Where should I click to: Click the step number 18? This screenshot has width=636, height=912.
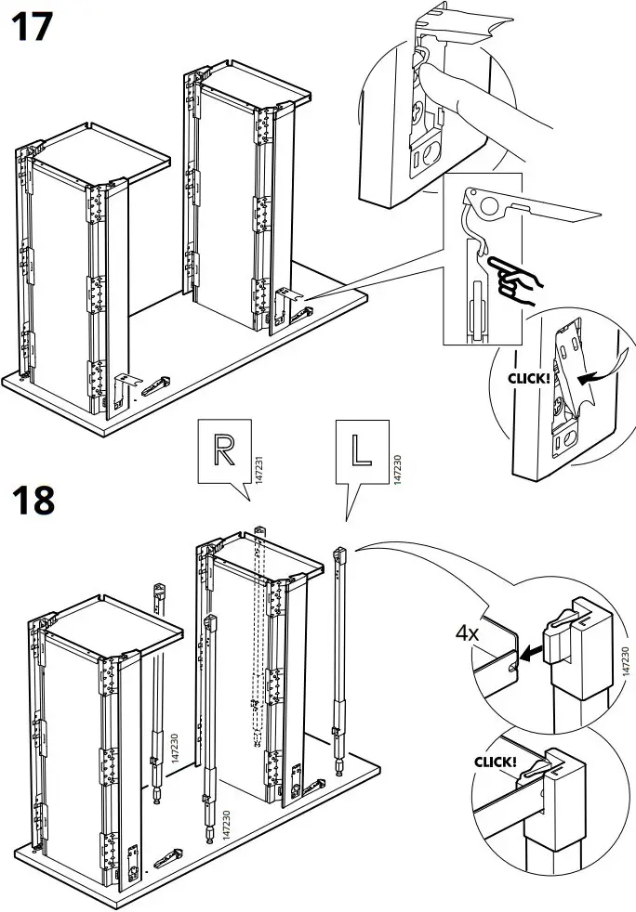(x=33, y=501)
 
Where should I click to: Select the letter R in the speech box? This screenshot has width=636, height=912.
(x=224, y=449)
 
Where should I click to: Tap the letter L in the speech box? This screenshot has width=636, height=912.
(x=360, y=449)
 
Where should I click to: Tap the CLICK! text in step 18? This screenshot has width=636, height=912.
(x=496, y=762)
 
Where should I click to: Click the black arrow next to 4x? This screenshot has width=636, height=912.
(x=531, y=655)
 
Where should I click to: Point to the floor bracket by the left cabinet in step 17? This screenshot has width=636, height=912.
(x=139, y=382)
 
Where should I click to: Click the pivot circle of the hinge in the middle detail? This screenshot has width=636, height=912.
(x=476, y=197)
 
